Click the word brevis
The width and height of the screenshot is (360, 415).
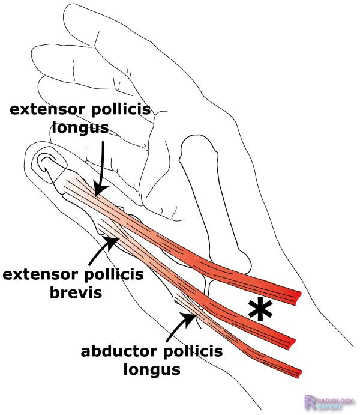(x=73, y=292)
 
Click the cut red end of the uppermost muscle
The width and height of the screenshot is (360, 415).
(x=295, y=295)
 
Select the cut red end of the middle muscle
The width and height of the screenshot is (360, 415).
(x=293, y=341)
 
